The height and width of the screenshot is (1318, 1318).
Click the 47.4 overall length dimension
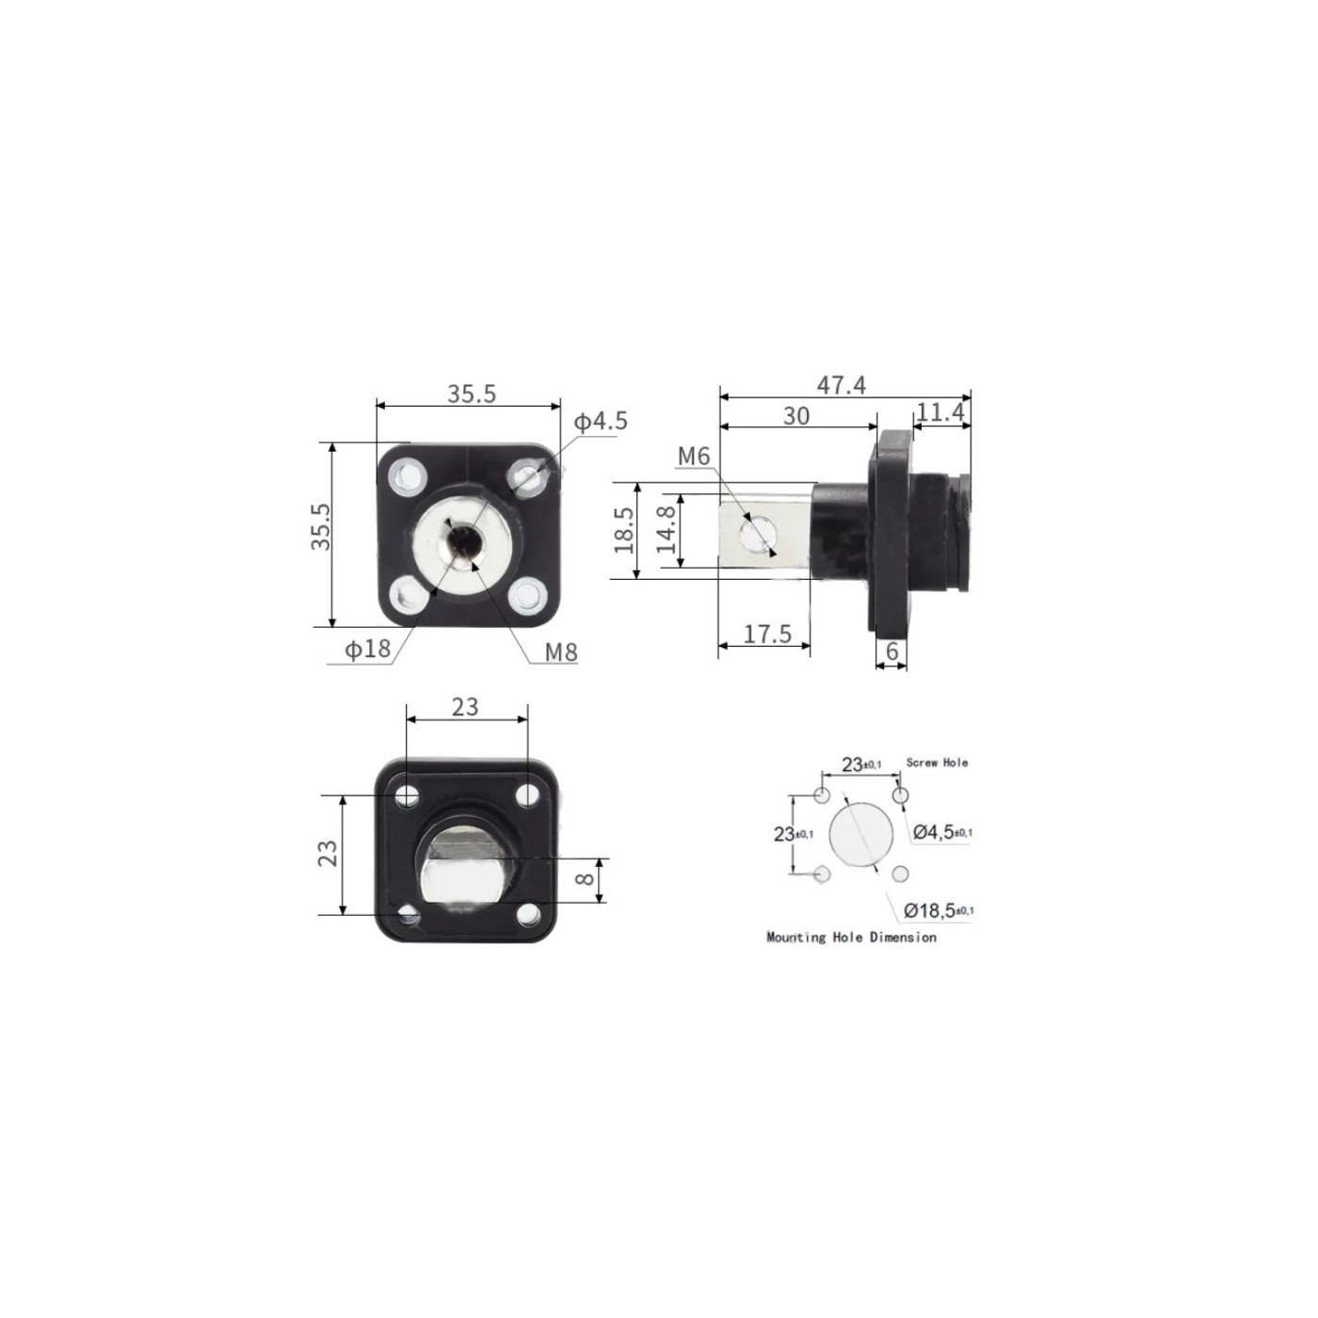[841, 386]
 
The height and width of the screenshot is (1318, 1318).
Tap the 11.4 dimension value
[940, 411]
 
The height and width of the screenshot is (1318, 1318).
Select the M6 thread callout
[694, 457]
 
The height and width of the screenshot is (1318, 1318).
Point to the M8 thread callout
[561, 652]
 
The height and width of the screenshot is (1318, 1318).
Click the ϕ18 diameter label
[367, 649]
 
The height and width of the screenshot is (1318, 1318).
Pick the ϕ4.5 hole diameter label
[600, 422]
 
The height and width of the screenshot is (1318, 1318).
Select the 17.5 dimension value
[766, 634]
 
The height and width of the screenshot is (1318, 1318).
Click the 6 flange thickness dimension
[892, 651]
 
